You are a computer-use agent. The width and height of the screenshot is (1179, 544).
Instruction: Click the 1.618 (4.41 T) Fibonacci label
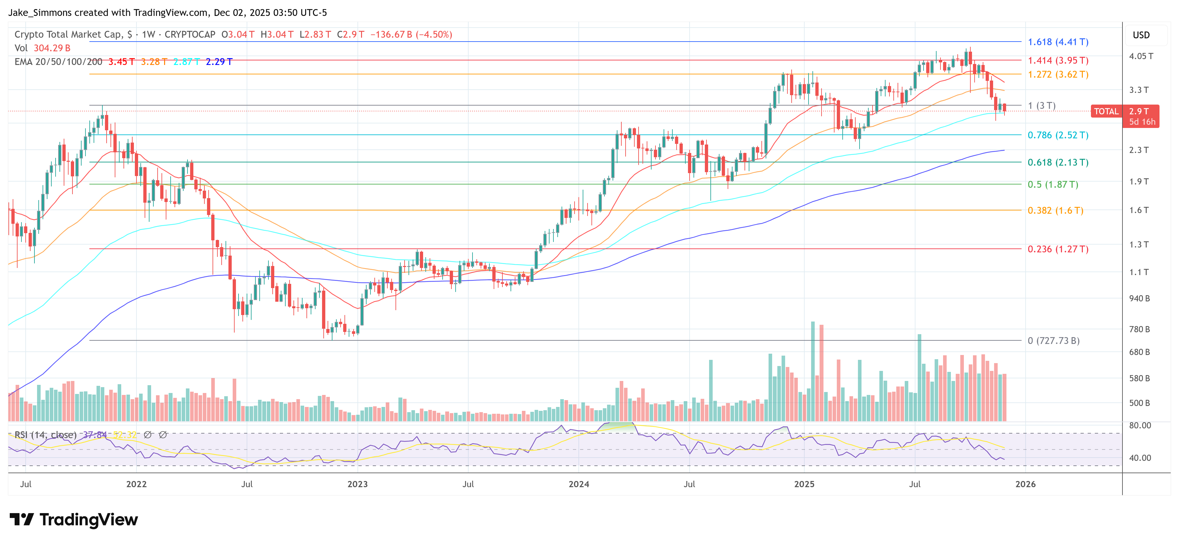(1058, 42)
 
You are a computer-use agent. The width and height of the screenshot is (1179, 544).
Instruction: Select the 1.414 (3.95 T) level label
(1058, 60)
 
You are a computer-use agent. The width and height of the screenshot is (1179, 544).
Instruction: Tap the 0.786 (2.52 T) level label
(1058, 135)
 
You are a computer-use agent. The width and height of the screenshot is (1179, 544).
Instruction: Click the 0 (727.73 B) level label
(1053, 341)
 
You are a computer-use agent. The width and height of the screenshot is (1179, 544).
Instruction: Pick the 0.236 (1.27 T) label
(1058, 249)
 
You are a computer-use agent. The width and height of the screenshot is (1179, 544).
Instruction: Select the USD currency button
(1141, 35)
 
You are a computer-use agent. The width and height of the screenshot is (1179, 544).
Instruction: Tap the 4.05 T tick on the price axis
(1141, 56)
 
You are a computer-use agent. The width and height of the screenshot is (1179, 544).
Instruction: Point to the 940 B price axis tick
(1139, 299)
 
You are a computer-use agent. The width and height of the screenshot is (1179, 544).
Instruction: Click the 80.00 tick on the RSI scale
(1140, 425)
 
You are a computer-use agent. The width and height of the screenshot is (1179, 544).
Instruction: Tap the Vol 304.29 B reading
(43, 48)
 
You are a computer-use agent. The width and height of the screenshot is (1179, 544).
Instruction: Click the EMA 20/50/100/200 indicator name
(58, 62)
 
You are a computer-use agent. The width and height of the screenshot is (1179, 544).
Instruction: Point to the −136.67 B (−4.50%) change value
(411, 35)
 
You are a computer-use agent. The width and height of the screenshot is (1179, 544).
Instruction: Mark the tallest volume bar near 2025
(813, 371)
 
